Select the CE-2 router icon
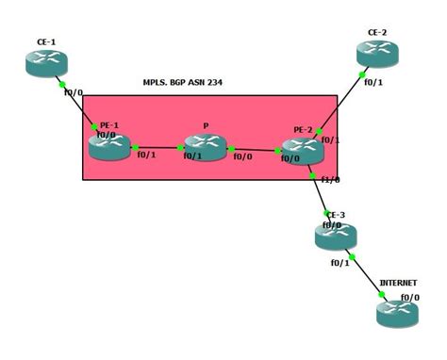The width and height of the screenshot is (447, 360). click(376, 54)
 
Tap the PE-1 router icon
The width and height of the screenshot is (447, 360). click(108, 145)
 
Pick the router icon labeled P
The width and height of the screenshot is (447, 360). click(205, 146)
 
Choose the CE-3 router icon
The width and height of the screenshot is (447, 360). click(335, 236)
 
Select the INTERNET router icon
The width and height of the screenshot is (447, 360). click(396, 312)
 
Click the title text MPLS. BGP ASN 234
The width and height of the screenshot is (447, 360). click(182, 83)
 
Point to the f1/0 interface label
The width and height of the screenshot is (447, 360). click(330, 179)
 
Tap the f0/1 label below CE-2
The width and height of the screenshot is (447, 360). click(372, 82)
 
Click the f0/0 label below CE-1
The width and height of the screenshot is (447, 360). click(74, 92)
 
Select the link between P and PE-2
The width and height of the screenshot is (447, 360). click(255, 149)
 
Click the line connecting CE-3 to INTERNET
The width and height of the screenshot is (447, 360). click(366, 274)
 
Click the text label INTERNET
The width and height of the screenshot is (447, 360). click(398, 283)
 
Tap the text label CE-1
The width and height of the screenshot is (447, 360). click(46, 42)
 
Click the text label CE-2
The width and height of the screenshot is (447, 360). click(377, 32)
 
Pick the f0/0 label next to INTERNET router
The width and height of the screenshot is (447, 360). click(409, 298)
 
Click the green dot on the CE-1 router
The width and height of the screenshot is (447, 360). click(61, 84)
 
